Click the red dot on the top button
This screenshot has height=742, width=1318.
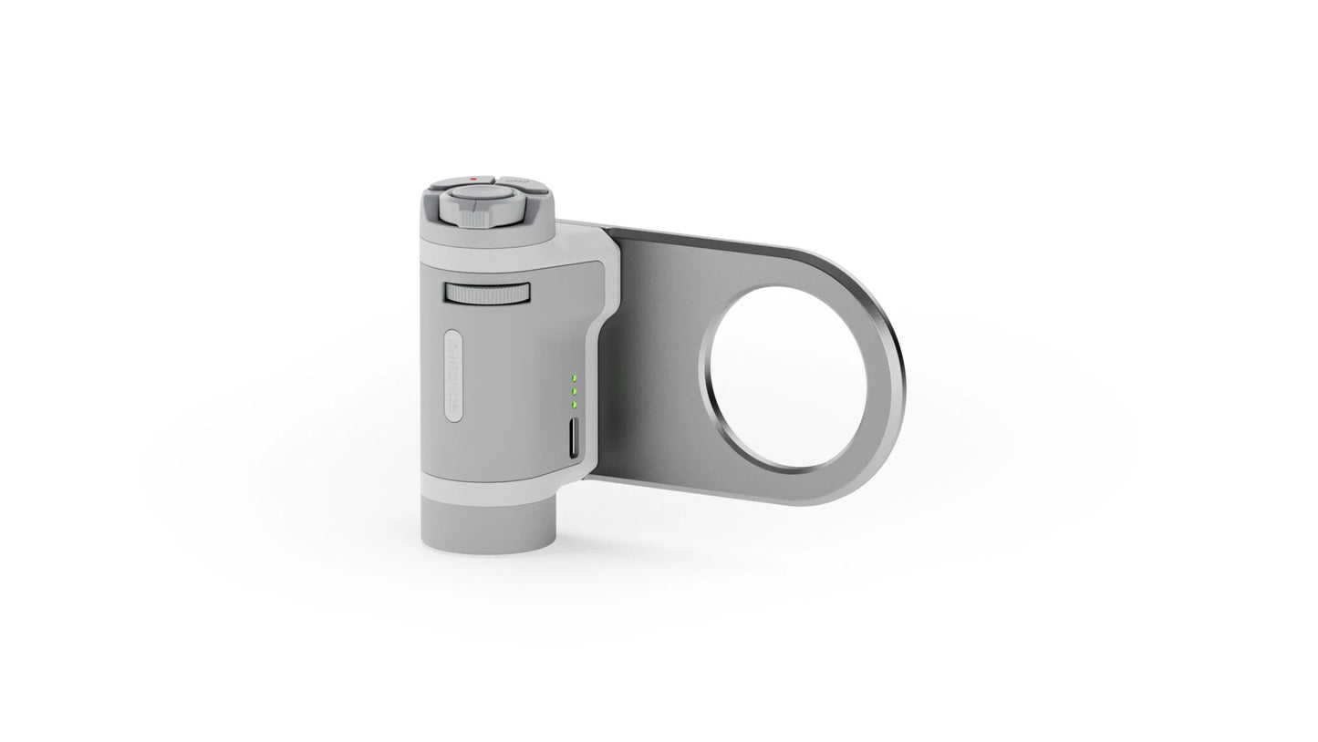click(472, 179)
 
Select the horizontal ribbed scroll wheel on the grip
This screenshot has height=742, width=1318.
click(487, 294)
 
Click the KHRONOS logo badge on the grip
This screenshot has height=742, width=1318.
click(454, 375)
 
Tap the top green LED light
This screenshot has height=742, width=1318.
click(574, 377)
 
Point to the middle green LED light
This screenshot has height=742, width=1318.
click(574, 391)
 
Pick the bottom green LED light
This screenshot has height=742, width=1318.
click(574, 404)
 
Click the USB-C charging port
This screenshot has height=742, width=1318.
click(573, 440)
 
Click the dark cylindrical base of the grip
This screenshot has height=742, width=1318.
click(488, 527)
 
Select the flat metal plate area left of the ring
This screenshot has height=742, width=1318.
click(653, 365)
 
